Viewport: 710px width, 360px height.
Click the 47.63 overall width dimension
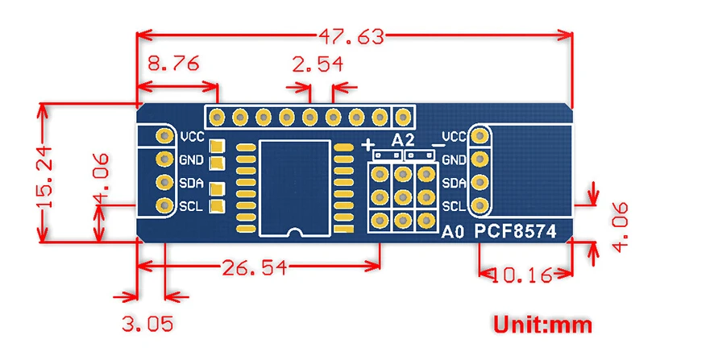coord(351,36)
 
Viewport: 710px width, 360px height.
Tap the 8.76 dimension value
coord(173,64)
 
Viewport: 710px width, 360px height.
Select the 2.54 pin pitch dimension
coord(318,64)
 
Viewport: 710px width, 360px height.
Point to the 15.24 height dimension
coord(47,177)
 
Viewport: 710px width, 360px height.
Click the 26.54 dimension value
coord(255,267)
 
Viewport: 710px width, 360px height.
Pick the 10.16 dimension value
coord(521,275)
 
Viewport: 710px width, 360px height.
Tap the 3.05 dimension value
coord(147,324)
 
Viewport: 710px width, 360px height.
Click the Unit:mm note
coord(542,325)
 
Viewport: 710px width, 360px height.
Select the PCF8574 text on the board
coord(515,232)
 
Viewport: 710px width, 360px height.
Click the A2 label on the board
coord(402,140)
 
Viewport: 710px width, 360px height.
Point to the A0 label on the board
coord(452,232)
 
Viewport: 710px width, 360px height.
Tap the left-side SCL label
coord(191,207)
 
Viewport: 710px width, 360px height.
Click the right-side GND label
coord(453,159)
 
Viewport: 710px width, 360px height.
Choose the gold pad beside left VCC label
coord(164,135)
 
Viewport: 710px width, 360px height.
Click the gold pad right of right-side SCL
coord(480,206)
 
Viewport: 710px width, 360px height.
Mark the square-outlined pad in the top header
coord(402,118)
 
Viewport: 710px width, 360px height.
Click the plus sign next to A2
coord(368,145)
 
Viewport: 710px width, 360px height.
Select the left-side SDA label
coord(191,183)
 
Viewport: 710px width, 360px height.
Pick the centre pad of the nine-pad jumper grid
coord(402,197)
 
